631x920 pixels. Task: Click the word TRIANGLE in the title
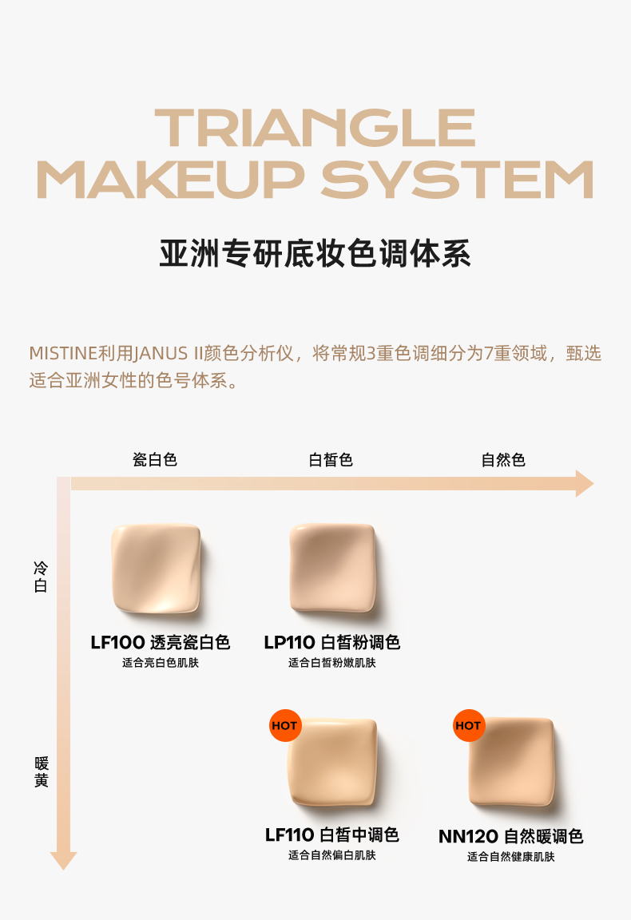pos(315,127)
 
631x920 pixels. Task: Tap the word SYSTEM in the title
pos(457,180)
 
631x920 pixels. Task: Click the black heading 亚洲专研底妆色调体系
pos(315,253)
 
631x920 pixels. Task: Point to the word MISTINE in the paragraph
pos(63,353)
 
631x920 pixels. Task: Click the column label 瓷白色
pos(155,459)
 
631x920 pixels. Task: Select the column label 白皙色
pos(331,459)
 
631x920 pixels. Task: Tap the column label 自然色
pos(503,459)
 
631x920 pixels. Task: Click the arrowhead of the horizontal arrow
pos(585,483)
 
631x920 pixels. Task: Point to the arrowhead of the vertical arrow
pos(63,861)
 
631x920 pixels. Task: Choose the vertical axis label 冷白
pos(41,577)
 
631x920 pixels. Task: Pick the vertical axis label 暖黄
pos(41,771)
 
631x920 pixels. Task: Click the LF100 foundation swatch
pos(156,569)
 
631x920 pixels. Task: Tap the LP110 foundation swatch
pos(332,568)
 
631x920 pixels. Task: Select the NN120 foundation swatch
pos(511,762)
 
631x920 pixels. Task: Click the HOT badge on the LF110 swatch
pos(284,726)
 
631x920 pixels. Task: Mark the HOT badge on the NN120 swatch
pos(468,726)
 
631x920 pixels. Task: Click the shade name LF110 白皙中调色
pos(331,835)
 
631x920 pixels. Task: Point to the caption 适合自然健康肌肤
pos(510,857)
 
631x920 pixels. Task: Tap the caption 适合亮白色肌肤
pos(161,662)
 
